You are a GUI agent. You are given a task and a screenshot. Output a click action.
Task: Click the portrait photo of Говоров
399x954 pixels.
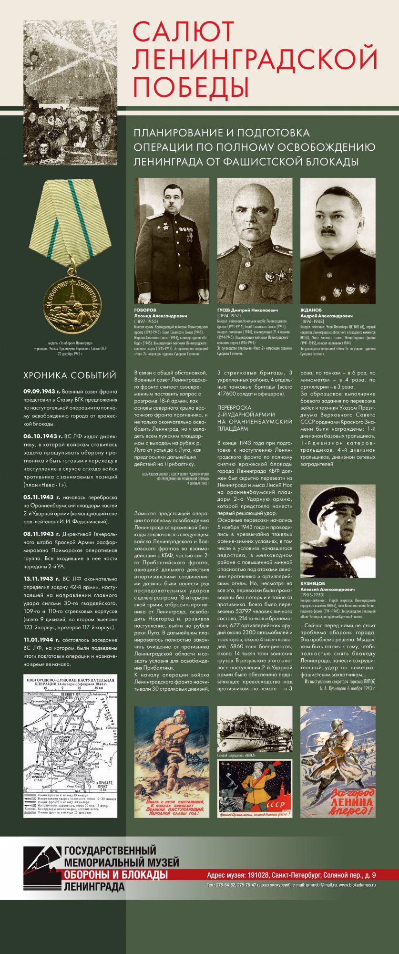pyautogui.click(x=172, y=240)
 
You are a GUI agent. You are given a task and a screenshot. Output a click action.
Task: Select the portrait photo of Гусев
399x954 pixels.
pyautogui.click(x=255, y=240)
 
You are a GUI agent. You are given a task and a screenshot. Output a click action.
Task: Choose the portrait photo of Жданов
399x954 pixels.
pyautogui.click(x=338, y=240)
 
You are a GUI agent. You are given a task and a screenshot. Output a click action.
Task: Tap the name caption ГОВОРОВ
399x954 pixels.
pyautogui.click(x=145, y=310)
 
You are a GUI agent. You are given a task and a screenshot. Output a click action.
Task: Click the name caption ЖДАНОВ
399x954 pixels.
pyautogui.click(x=311, y=310)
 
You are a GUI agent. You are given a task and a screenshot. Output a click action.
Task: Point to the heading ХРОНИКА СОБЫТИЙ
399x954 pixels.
pyautogui.click(x=70, y=375)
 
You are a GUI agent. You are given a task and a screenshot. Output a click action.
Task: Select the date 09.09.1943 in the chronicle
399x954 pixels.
pyautogui.click(x=42, y=392)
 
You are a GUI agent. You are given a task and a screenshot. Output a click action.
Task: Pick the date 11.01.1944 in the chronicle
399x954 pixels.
pyautogui.click(x=41, y=640)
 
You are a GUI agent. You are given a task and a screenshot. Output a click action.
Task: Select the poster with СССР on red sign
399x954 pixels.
pyautogui.click(x=255, y=788)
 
